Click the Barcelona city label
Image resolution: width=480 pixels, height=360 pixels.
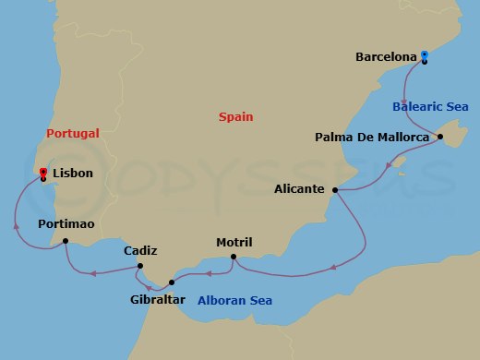(385, 57)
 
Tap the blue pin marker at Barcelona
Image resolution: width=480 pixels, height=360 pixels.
(424, 56)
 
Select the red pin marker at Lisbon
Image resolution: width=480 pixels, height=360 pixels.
(42, 173)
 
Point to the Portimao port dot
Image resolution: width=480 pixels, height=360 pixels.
(65, 242)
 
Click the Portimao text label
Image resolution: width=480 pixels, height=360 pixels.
(66, 224)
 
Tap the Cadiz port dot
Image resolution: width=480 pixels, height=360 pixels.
(139, 267)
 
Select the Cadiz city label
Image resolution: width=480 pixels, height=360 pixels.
(140, 250)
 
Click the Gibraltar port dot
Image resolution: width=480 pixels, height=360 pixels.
(172, 282)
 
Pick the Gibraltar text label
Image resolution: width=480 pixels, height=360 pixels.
(158, 300)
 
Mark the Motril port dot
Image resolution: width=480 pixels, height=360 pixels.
(234, 257)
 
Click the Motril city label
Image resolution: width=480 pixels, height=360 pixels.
(234, 242)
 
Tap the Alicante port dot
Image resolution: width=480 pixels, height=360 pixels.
(334, 190)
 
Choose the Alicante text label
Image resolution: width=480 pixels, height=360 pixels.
(299, 189)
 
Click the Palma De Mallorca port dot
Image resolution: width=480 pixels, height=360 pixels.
(440, 138)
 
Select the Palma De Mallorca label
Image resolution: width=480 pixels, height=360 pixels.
(373, 138)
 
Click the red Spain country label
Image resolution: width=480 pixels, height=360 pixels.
(235, 117)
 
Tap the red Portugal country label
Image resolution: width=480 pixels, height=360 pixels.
(72, 134)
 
